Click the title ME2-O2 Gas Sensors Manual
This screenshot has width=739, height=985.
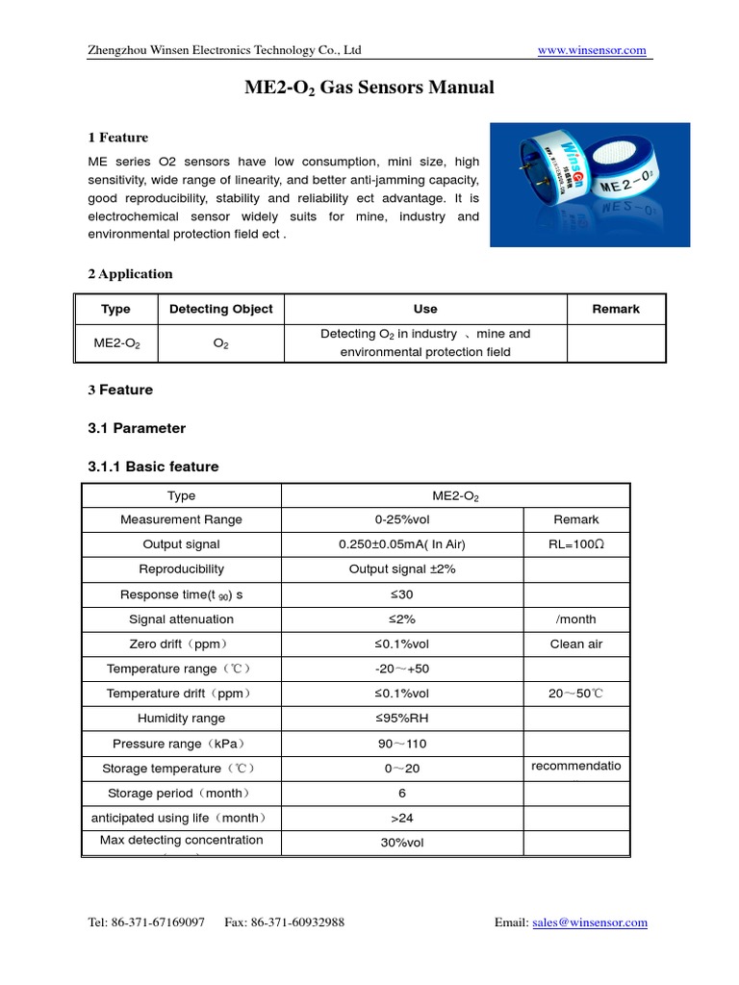tap(369, 88)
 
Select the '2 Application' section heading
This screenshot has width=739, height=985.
tap(130, 274)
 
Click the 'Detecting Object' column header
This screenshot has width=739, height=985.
tap(220, 309)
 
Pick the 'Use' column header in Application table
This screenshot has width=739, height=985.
tap(424, 309)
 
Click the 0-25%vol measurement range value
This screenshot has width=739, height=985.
tap(401, 519)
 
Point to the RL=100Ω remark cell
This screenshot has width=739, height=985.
tap(575, 544)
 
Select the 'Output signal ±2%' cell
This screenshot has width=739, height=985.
tap(401, 569)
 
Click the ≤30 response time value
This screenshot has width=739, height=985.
tap(401, 594)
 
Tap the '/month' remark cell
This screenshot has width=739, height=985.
tap(575, 619)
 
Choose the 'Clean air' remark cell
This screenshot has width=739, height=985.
tap(575, 644)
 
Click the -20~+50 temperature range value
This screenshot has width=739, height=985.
tap(401, 669)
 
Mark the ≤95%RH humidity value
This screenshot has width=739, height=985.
tap(401, 719)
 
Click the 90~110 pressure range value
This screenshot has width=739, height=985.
tap(401, 744)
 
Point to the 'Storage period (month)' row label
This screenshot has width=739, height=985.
tap(181, 794)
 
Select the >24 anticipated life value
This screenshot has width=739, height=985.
tap(401, 819)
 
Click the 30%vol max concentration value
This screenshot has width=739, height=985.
tap(401, 843)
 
